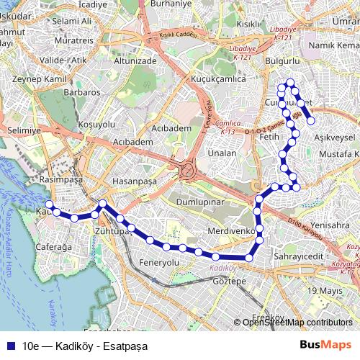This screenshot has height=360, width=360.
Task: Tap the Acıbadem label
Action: (171, 127)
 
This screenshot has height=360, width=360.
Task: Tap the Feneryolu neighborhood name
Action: (160, 263)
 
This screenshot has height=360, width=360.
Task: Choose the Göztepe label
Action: (230, 280)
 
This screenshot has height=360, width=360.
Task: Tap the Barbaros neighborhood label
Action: (82, 93)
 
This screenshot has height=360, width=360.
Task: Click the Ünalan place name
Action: (222, 153)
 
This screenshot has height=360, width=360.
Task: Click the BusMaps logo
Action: (326, 346)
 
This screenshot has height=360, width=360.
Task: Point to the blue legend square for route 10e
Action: (10, 346)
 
